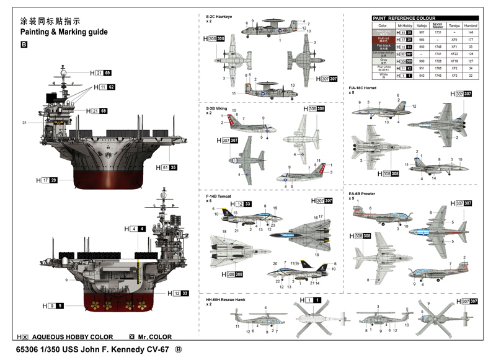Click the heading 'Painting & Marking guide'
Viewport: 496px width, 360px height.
[x=64, y=32]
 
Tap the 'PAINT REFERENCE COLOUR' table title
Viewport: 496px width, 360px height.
[x=404, y=19]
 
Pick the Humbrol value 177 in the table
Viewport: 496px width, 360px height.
[x=471, y=39]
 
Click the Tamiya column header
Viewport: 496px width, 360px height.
[x=454, y=25]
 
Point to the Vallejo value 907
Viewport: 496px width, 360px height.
[x=422, y=32]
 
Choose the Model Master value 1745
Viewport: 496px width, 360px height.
[x=437, y=75]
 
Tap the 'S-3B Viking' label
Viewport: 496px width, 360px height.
[x=218, y=108]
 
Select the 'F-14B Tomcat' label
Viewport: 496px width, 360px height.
[x=219, y=196]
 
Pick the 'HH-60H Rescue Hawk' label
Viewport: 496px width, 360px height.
[x=226, y=299]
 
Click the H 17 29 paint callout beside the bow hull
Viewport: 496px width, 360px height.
[x=47, y=180]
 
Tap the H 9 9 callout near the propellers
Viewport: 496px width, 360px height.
[x=53, y=305]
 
